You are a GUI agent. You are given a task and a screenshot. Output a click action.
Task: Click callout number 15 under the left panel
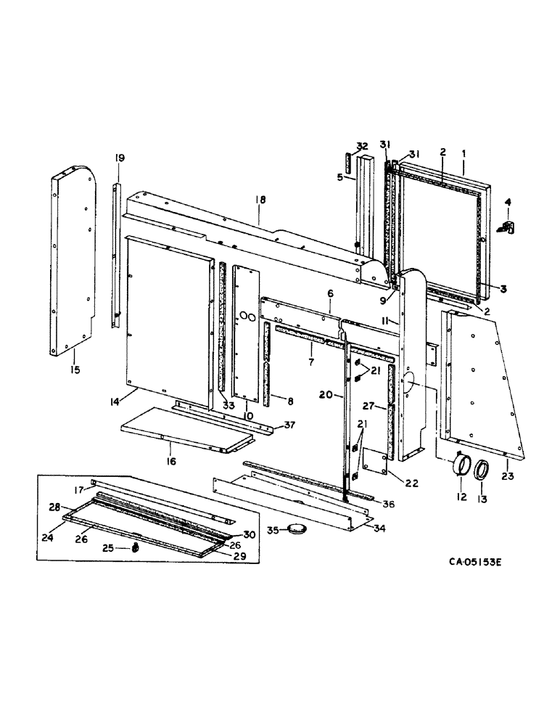(x=75, y=370)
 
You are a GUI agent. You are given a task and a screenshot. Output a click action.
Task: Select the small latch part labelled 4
(x=508, y=227)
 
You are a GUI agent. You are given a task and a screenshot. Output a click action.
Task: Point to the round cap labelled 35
(x=298, y=529)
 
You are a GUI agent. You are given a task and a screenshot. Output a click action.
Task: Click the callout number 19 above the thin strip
(x=119, y=157)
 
